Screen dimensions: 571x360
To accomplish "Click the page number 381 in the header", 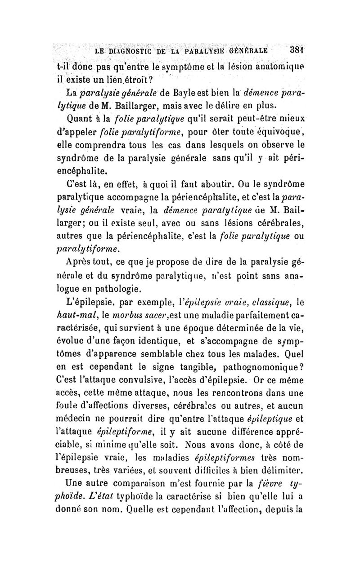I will [x=297, y=49].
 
